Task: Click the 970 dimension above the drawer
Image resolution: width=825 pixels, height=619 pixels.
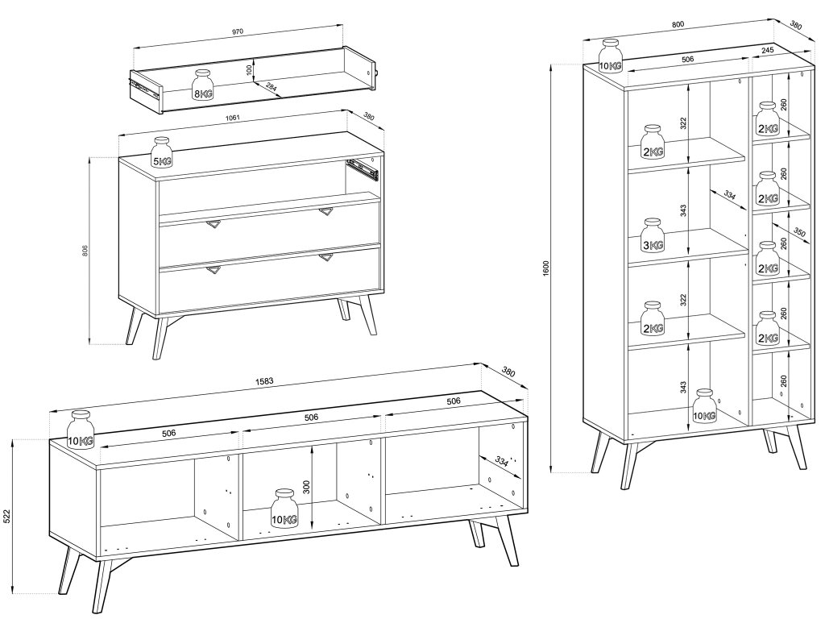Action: (238, 31)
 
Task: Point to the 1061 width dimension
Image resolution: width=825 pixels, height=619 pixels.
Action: (233, 118)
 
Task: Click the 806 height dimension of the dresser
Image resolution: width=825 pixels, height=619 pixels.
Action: (85, 250)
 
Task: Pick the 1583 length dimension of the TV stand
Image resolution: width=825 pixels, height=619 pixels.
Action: (265, 381)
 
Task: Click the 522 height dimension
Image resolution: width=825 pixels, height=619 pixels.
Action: (7, 517)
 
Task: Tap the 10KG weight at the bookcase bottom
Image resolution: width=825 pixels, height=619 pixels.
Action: (705, 406)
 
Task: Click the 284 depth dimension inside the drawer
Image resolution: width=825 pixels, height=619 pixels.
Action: (272, 87)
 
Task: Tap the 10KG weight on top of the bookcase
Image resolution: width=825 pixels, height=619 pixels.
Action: (611, 56)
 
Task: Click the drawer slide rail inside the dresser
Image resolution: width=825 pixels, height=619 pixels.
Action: (363, 168)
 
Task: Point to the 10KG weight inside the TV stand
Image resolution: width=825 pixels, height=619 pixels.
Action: (284, 509)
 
